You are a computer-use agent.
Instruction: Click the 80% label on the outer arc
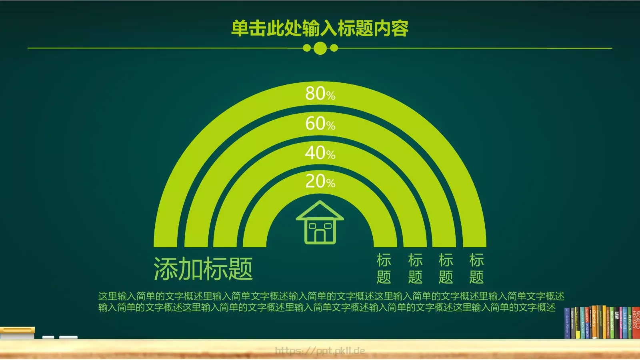(320, 94)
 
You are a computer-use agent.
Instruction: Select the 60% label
(320, 124)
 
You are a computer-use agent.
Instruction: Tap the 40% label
(320, 153)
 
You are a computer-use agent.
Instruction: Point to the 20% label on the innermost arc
(320, 182)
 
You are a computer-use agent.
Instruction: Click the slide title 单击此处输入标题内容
(320, 28)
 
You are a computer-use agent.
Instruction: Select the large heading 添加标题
(203, 269)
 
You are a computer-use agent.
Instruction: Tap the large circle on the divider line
(320, 48)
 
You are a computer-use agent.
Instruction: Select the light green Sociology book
(612, 324)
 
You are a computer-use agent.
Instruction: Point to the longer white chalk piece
(68, 337)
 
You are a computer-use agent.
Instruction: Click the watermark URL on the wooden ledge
(320, 351)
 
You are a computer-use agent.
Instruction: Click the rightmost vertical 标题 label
(476, 268)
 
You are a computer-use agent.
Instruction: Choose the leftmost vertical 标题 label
(384, 268)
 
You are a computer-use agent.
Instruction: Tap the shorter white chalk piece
(48, 337)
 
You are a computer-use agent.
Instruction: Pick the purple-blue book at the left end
(567, 324)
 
